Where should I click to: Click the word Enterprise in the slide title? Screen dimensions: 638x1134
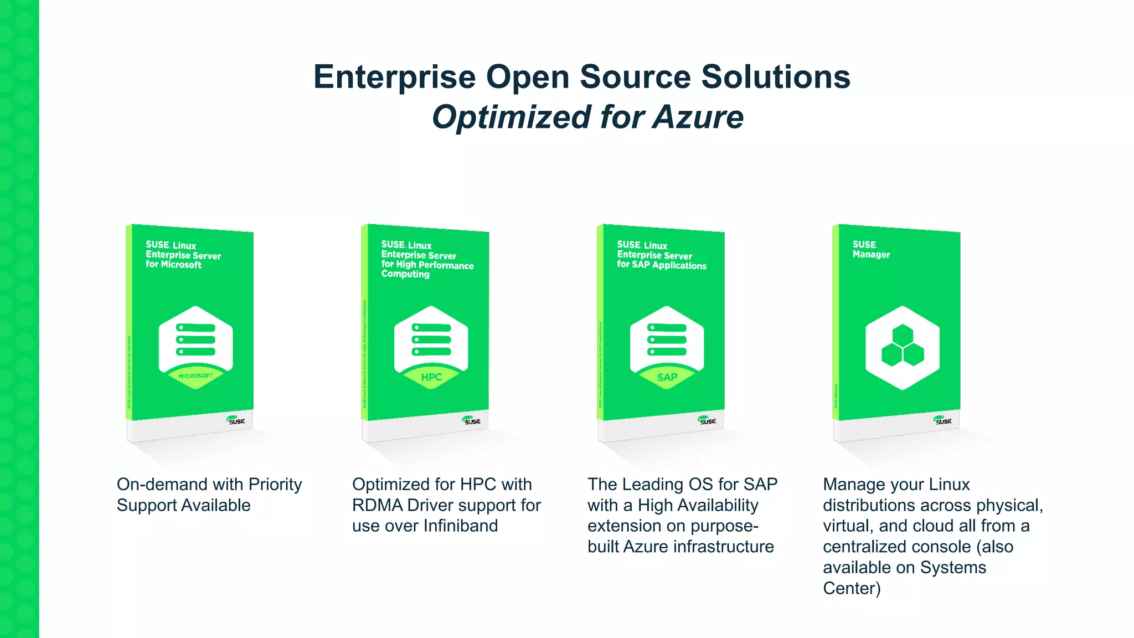394,76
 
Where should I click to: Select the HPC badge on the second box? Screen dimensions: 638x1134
431,377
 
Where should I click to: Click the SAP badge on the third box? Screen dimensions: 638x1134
667,377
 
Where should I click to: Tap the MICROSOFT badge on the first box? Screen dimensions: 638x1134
195,376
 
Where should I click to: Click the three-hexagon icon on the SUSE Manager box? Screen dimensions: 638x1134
903,346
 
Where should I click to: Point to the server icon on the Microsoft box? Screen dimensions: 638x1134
195,339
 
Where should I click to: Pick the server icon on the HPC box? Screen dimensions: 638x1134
431,339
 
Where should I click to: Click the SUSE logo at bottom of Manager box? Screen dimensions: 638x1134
942,420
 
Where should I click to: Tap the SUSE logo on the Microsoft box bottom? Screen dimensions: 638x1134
236,420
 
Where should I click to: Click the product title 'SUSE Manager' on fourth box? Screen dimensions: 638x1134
871,249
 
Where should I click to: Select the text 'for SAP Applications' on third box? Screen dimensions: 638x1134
662,265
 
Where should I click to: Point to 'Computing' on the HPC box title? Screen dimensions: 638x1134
405,274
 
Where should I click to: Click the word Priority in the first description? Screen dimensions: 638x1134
275,485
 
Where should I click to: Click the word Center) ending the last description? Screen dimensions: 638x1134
851,588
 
